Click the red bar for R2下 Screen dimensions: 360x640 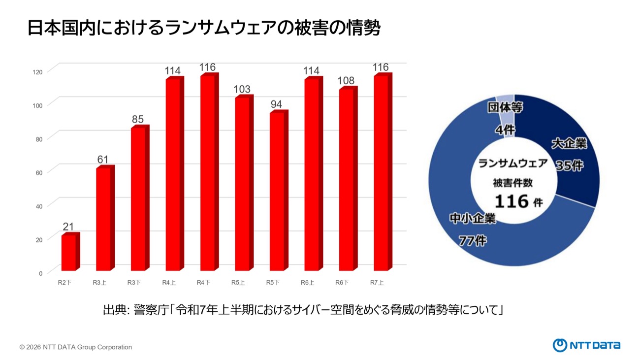point(69,253)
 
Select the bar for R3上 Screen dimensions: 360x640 point(104,219)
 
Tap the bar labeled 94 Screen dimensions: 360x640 point(278,192)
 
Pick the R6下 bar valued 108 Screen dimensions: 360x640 point(347,180)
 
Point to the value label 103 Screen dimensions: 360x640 point(242,89)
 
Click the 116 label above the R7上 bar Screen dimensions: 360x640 point(381,67)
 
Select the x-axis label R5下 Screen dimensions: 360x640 point(273,283)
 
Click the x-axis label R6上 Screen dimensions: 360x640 point(308,283)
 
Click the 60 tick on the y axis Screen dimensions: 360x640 point(38,172)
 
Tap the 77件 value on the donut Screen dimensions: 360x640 point(473,241)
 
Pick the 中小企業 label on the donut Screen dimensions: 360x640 point(473,219)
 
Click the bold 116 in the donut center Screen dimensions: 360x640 point(512,201)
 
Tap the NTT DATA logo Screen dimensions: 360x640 point(586,345)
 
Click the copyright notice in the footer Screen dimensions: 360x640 point(76,347)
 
